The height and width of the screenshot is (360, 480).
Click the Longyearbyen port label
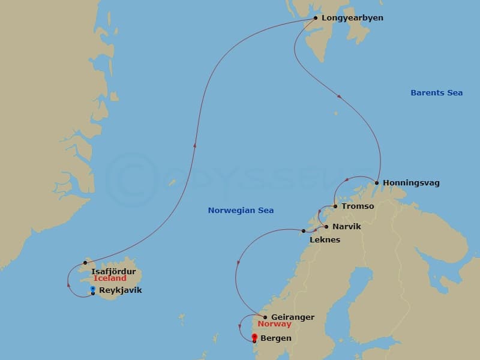pos(352,18)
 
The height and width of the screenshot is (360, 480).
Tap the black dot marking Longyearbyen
pos(316,18)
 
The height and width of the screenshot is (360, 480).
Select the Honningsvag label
pos(412,183)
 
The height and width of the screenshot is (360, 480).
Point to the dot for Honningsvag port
pos(377,183)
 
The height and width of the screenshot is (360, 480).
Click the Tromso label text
pos(358,206)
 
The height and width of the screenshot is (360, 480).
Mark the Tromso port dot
pos(335,206)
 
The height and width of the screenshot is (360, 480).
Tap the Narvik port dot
pos(326,227)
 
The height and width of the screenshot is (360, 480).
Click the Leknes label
pos(325,240)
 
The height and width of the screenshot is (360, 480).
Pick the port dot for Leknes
pos(304,231)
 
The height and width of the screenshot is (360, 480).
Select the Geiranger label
pos(293,317)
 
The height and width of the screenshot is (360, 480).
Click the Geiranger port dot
pos(265,317)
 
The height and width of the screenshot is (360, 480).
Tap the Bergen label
pos(277,338)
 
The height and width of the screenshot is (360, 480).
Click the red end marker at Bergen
pos(254,337)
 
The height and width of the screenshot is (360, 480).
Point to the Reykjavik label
pos(121,290)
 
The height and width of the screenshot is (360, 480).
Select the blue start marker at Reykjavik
pos(92,289)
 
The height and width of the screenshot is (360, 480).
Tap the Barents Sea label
pos(437,93)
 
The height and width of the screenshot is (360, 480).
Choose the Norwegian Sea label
pos(241,211)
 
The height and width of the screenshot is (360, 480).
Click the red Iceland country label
pos(110,278)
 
